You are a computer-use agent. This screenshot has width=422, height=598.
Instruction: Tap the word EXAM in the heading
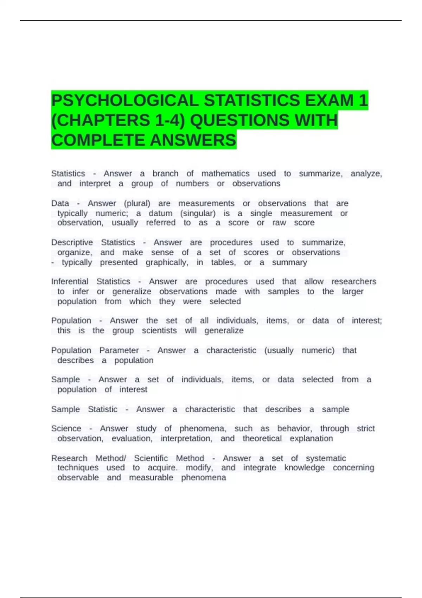click(329, 101)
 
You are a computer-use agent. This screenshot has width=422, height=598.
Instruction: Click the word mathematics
click(225, 174)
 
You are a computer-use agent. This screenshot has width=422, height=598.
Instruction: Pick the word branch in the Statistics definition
click(165, 174)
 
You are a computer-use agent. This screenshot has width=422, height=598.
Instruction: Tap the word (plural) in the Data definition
click(137, 204)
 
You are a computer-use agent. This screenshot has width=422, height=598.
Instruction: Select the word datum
click(160, 214)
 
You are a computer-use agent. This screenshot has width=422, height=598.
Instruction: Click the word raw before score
click(279, 223)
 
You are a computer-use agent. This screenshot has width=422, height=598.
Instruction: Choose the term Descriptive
click(72, 243)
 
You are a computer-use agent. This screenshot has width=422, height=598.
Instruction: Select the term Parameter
click(119, 350)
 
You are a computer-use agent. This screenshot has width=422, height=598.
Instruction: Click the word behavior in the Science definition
click(294, 428)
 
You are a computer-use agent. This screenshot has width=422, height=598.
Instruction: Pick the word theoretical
click(262, 439)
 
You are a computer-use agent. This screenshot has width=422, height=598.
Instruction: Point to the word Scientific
click(151, 458)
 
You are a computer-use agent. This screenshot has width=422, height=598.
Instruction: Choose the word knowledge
click(304, 468)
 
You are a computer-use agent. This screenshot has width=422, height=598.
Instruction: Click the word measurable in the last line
click(151, 478)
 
